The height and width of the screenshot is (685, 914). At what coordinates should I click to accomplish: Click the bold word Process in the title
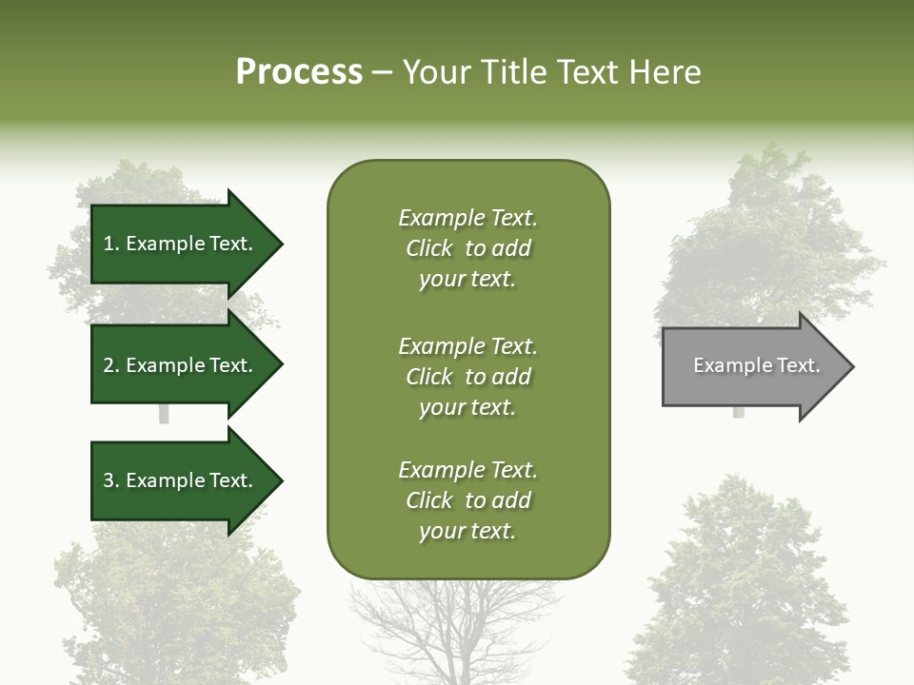[x=299, y=72]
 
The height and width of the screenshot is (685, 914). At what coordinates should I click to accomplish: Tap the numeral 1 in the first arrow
[x=108, y=245]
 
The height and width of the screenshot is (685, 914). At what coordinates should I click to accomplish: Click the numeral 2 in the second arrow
[x=109, y=365]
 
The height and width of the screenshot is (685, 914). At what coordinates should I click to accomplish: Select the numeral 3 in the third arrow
[x=109, y=480]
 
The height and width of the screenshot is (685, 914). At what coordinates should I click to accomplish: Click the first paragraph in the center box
[x=467, y=248]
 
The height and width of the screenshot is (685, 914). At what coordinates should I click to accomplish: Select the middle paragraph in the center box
[x=467, y=377]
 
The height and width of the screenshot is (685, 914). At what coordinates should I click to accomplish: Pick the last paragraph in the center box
[x=467, y=500]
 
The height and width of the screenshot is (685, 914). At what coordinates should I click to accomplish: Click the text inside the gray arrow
[x=756, y=365]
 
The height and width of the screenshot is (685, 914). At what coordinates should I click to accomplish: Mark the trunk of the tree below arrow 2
[x=164, y=415]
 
